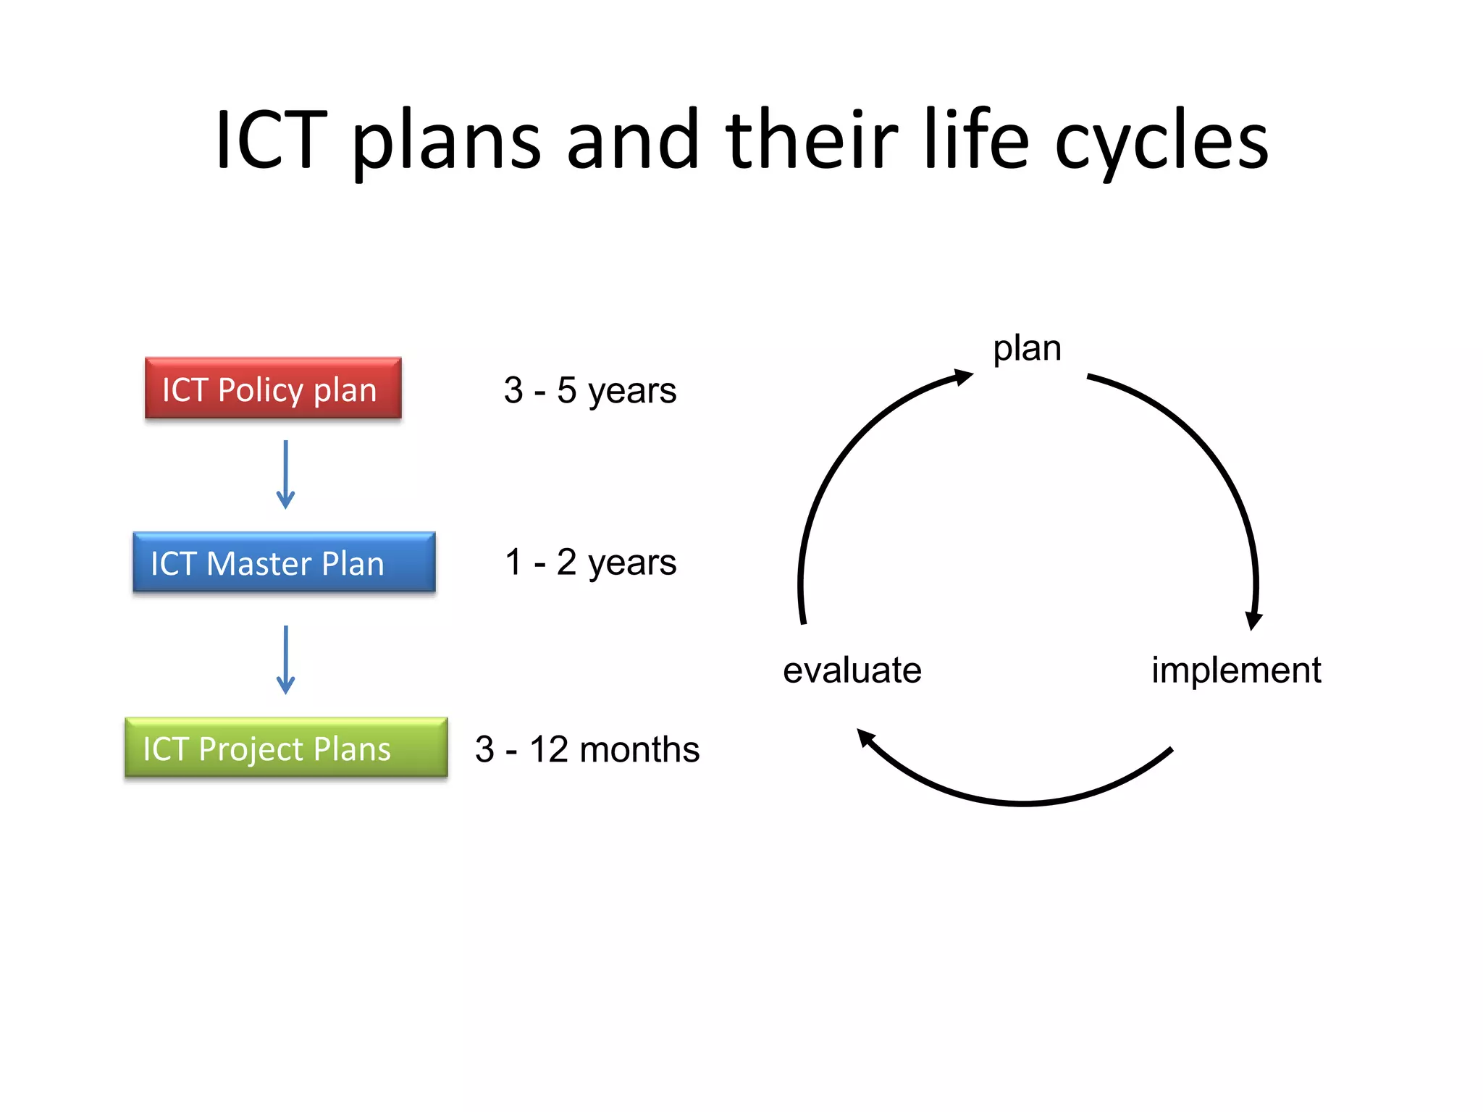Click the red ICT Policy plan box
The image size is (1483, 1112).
pyautogui.click(x=273, y=388)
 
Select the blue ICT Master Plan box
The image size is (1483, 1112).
pyautogui.click(x=284, y=563)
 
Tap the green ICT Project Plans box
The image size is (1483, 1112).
pyautogui.click(x=286, y=748)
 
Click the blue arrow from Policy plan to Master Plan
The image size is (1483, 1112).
pyautogui.click(x=286, y=474)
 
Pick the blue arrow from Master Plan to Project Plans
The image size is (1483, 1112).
pyautogui.click(x=286, y=660)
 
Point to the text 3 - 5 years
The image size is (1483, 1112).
pyautogui.click(x=589, y=391)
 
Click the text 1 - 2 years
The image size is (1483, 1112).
pyautogui.click(x=590, y=563)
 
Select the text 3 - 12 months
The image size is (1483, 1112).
pyautogui.click(x=587, y=749)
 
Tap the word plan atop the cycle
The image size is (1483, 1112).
pyautogui.click(x=1027, y=349)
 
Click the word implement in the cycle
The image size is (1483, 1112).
pyautogui.click(x=1236, y=670)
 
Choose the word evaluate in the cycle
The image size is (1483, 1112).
pyautogui.click(x=852, y=670)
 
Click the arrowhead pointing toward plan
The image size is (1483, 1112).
pyautogui.click(x=963, y=377)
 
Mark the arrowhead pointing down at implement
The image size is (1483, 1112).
pyautogui.click(x=1253, y=620)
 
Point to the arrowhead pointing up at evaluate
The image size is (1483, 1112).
pyautogui.click(x=866, y=738)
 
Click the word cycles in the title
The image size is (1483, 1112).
pyautogui.click(x=1161, y=141)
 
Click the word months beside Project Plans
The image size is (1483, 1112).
pyautogui.click(x=639, y=749)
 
